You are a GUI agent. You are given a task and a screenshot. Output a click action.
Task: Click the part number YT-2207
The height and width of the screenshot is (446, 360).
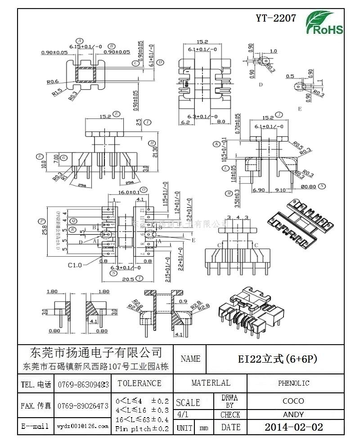click(276, 18)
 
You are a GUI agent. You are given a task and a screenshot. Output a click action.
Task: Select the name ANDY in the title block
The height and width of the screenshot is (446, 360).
click(293, 414)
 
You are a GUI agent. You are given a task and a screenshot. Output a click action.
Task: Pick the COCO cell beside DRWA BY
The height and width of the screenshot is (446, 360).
click(293, 400)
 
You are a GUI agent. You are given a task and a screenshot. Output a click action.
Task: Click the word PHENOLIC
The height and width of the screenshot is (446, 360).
click(293, 383)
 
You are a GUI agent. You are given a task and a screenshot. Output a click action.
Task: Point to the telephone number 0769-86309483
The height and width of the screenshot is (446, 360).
click(83, 385)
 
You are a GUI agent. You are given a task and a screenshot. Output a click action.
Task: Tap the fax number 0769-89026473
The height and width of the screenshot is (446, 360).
click(83, 406)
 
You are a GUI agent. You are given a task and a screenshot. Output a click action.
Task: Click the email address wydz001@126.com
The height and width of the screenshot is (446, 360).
click(83, 426)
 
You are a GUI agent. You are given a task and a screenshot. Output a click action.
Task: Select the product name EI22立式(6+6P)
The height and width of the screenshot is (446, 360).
click(278, 359)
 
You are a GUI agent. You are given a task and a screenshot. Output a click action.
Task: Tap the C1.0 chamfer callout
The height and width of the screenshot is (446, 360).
click(75, 265)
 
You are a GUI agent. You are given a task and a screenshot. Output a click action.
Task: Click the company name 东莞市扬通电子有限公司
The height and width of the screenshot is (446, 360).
click(95, 352)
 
